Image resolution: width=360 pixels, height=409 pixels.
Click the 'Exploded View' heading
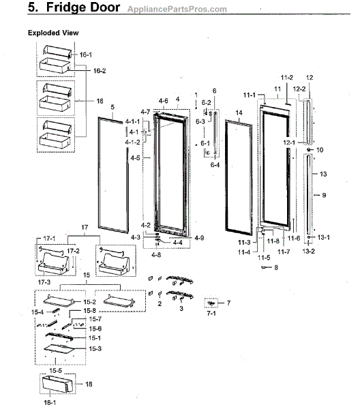[53, 33]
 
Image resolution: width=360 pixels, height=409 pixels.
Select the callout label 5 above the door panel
[112, 107]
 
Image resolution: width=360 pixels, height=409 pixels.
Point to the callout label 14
[239, 112]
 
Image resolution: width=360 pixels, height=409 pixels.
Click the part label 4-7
[145, 111]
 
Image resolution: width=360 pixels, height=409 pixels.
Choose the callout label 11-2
[286, 78]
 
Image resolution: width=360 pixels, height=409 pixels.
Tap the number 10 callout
[320, 149]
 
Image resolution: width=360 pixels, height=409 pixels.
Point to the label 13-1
[324, 237]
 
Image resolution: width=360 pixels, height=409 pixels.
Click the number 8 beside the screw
[276, 268]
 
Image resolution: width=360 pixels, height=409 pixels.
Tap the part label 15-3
[95, 348]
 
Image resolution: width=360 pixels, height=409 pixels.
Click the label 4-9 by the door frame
[199, 237]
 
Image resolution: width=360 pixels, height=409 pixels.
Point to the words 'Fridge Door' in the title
[78, 9]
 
